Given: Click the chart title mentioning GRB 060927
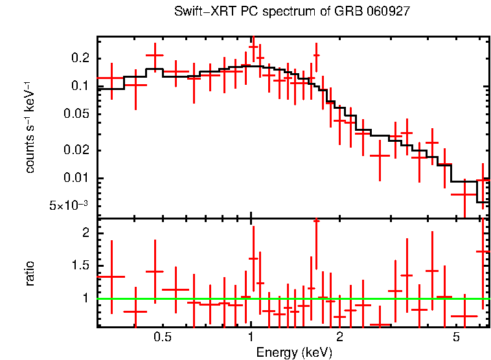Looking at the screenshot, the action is tap(292, 11).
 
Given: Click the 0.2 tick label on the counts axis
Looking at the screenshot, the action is tap(80, 58).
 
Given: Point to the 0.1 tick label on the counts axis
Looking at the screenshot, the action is tap(80, 85).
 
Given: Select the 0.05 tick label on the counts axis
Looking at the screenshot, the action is tap(76, 114).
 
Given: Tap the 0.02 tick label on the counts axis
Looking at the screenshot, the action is tap(76, 150).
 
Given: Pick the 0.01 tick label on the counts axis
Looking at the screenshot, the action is tap(76, 178).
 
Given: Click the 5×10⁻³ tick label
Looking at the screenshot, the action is tap(69, 205).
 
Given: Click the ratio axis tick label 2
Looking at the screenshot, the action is tap(86, 232).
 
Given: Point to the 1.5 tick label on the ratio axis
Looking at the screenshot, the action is tap(80, 265).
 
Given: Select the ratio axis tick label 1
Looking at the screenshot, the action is tap(86, 298).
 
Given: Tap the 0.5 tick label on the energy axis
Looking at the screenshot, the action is tap(163, 337).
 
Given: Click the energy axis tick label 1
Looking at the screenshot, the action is tap(251, 337).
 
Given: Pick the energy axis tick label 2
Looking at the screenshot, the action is tap(340, 337).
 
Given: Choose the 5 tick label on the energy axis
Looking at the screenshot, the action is tap(457, 337).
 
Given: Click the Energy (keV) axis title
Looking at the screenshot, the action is tap(294, 353).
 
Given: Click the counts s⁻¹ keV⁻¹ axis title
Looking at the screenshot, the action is tap(30, 127).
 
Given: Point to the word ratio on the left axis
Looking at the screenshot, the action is tap(30, 273).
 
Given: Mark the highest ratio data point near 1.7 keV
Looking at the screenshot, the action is tap(316, 221).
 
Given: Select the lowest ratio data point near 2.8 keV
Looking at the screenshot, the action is tap(380, 324).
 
